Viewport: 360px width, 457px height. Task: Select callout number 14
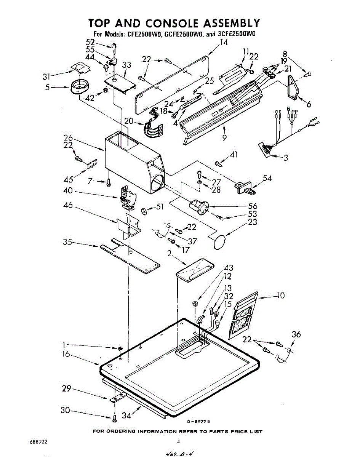(x=224, y=43)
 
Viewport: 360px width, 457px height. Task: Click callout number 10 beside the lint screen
(x=280, y=295)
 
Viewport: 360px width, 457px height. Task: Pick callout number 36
(x=296, y=335)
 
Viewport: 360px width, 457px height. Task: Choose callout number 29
(x=67, y=389)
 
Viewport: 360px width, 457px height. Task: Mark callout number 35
(x=67, y=242)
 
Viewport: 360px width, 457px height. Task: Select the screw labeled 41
(x=219, y=164)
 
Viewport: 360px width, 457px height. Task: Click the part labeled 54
(x=244, y=187)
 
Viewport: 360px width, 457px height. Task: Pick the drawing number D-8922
(x=198, y=422)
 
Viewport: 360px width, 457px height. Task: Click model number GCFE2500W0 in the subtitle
(x=185, y=34)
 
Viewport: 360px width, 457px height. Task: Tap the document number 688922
(x=38, y=443)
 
